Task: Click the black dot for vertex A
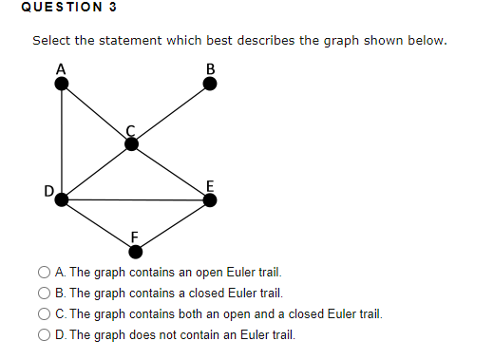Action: click(62, 84)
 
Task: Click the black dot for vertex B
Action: click(211, 84)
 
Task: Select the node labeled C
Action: click(132, 143)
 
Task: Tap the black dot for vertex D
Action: click(62, 199)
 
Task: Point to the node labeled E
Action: click(211, 199)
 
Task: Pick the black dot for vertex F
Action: click(136, 252)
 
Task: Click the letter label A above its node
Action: click(61, 67)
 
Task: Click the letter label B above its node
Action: click(211, 67)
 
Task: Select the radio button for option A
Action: click(45, 273)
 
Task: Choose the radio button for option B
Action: click(45, 294)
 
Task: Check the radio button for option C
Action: click(45, 313)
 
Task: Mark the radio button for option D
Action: click(45, 334)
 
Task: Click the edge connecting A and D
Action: click(62, 142)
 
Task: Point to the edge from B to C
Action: click(171, 114)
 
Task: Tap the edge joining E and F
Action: click(174, 225)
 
